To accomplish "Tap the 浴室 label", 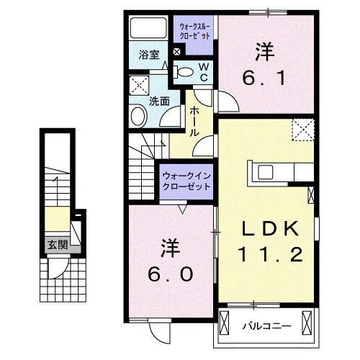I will coord(149,54).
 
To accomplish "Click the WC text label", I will coord(204,71).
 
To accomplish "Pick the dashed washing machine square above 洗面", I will coord(138,85).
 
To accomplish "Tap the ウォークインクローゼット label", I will coord(186,180).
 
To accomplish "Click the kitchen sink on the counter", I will coord(262,172).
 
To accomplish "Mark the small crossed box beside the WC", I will coord(178,52).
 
